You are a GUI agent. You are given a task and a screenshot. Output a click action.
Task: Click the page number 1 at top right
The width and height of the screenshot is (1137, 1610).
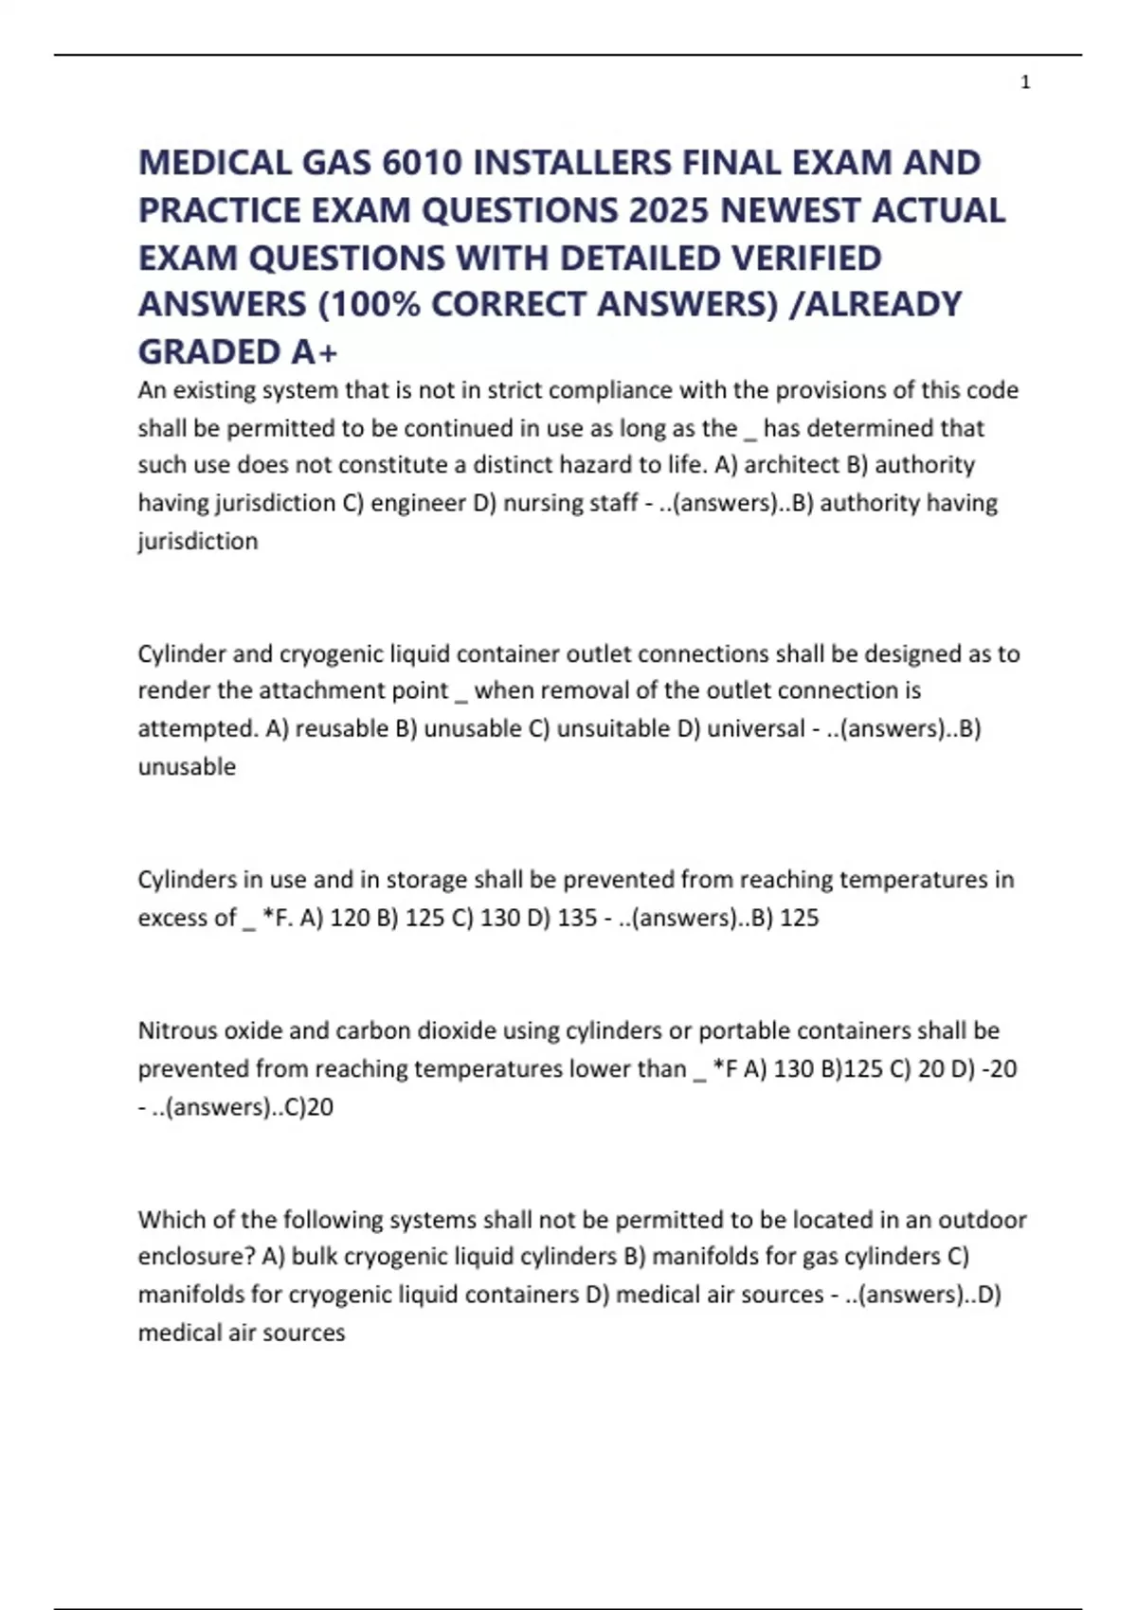(x=1025, y=83)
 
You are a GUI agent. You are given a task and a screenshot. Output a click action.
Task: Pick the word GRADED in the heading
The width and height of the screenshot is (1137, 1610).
(x=208, y=351)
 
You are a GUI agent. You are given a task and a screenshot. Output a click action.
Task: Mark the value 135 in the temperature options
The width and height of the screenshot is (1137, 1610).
(x=577, y=918)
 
